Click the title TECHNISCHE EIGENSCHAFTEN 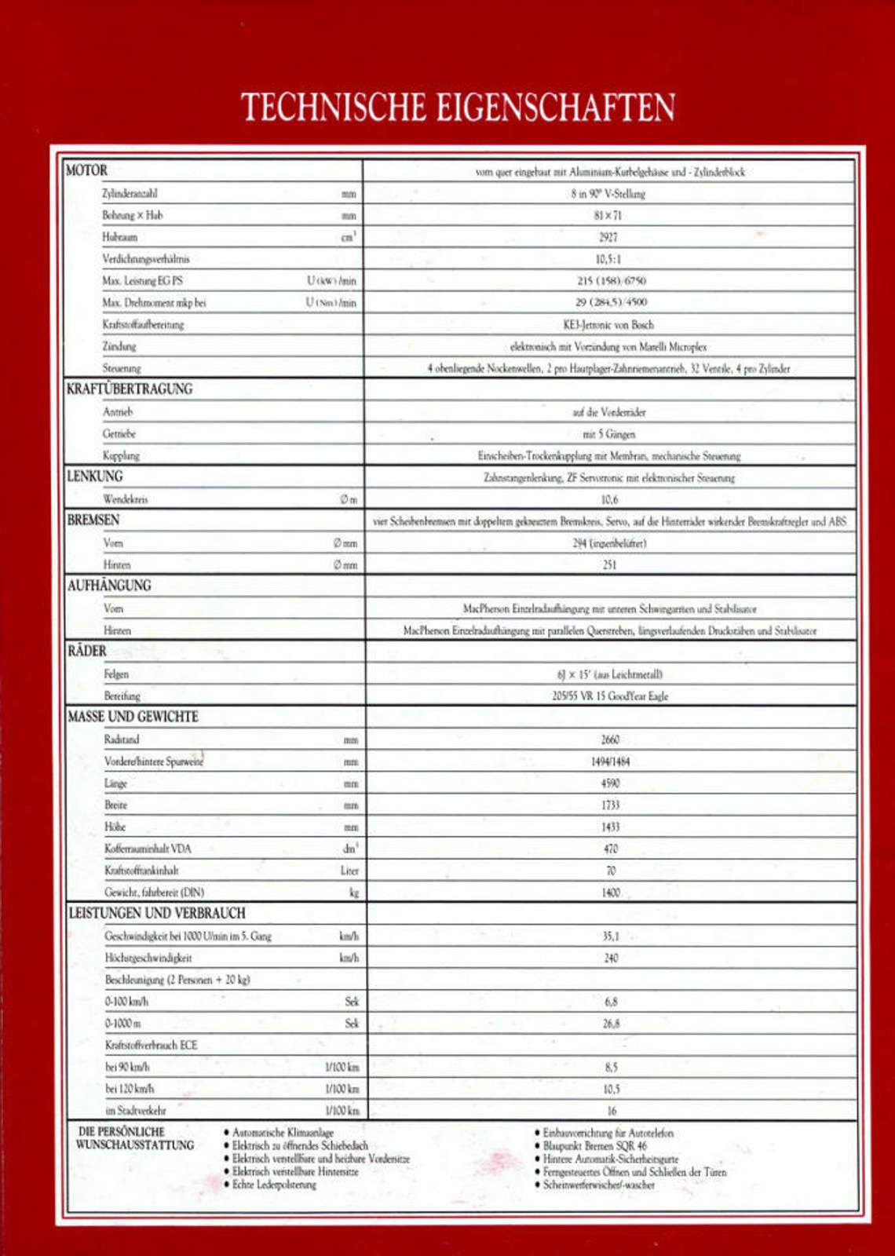click(x=458, y=108)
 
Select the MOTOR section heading click(x=86, y=170)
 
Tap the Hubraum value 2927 click(x=608, y=237)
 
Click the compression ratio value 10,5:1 click(x=608, y=259)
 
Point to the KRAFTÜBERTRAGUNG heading click(x=130, y=389)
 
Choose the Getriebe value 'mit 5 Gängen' click(x=609, y=434)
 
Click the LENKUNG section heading click(x=95, y=476)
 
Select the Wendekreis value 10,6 click(x=609, y=499)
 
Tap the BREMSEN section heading click(x=93, y=520)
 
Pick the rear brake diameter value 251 click(x=609, y=564)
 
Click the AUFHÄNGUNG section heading click(x=109, y=586)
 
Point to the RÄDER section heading click(x=87, y=652)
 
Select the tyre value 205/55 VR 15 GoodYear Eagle click(x=610, y=696)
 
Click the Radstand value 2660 click(x=610, y=739)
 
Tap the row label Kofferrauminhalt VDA click(x=148, y=849)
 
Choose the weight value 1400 click(x=611, y=893)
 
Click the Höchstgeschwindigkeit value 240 click(x=611, y=958)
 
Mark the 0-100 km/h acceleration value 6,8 click(x=611, y=1002)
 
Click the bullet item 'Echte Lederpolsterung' click(x=274, y=1185)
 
